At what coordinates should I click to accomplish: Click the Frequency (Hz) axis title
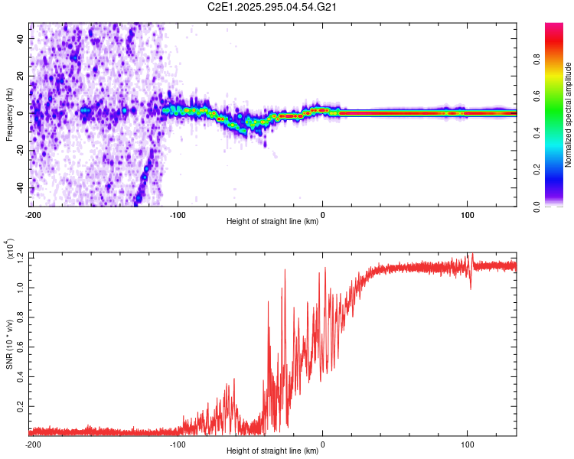(x=9, y=114)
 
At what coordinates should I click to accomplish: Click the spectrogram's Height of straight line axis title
(x=272, y=222)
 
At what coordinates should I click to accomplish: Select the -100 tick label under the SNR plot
(x=178, y=444)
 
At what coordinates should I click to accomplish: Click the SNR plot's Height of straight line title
(x=272, y=451)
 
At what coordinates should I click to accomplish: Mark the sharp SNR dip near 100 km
(x=470, y=287)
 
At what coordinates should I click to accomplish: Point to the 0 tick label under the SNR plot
(x=322, y=444)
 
